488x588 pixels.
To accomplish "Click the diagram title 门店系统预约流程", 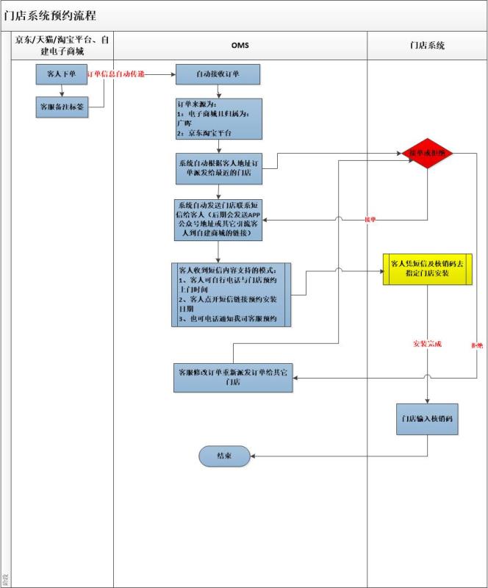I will click(49, 15).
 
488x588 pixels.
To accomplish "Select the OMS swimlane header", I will click(240, 46).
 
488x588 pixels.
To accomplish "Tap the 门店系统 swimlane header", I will click(427, 46).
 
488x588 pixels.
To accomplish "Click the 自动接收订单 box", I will click(218, 74).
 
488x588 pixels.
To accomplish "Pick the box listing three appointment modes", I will click(230, 295).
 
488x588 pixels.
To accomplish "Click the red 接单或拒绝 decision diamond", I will click(430, 153).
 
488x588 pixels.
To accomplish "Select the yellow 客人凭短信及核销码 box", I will click(426, 268).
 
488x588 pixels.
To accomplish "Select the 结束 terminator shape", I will click(225, 456).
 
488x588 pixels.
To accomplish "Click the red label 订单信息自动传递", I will click(116, 74).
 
